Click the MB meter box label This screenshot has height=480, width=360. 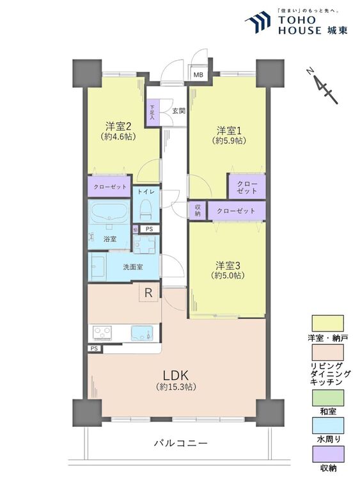(199, 75)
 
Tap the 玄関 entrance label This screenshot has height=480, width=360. (178, 111)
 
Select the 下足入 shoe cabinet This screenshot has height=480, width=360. (153, 113)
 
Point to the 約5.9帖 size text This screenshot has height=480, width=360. (229, 141)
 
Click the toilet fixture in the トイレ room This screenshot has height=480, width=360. (146, 210)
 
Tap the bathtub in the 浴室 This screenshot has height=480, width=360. (109, 212)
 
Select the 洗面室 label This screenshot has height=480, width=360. (133, 267)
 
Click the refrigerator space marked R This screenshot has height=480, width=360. (148, 292)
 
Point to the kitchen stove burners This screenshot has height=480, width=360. (102, 333)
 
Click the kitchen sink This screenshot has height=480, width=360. (142, 333)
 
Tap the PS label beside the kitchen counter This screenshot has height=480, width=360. (95, 349)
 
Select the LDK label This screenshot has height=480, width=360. (176, 375)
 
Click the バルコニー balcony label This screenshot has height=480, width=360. (181, 443)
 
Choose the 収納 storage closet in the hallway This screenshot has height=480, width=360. (198, 211)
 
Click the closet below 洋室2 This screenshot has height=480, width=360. (110, 187)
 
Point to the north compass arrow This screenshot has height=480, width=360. (322, 86)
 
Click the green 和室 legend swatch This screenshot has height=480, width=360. (327, 397)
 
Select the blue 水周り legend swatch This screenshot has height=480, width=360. (327, 426)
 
